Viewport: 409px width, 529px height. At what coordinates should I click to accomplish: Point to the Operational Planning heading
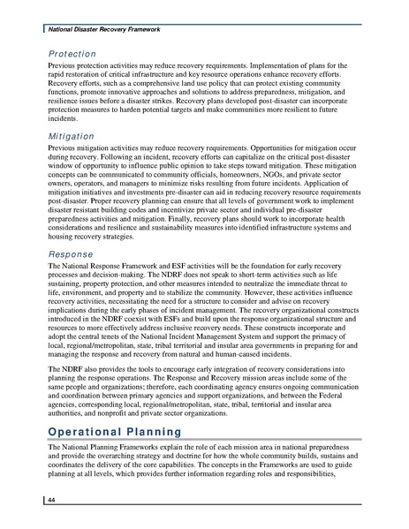click(x=115, y=432)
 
